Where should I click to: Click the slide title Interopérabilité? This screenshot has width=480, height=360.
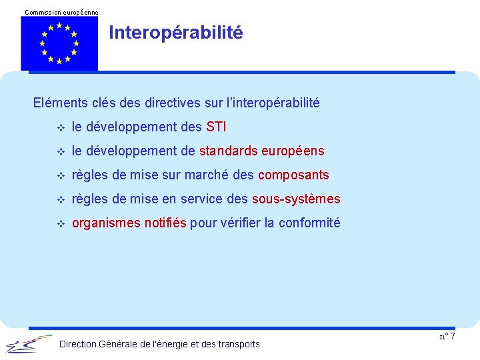tap(176, 33)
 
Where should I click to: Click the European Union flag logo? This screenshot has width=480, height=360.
tap(59, 43)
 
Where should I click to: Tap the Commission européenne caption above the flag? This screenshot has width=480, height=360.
tap(61, 12)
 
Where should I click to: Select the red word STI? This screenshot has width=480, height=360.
tap(217, 127)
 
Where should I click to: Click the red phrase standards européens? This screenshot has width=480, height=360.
tap(261, 151)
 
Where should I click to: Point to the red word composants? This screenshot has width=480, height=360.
tap(293, 175)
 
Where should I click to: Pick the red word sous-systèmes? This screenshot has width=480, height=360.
tap(296, 199)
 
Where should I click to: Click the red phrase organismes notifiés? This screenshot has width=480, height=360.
tap(129, 223)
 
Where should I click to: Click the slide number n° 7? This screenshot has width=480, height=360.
tap(447, 336)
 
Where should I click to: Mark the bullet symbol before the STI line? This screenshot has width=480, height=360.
tap(61, 127)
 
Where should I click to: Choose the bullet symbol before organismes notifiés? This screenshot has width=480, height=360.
tap(61, 223)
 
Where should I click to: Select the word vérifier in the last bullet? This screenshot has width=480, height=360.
tap(236, 223)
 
